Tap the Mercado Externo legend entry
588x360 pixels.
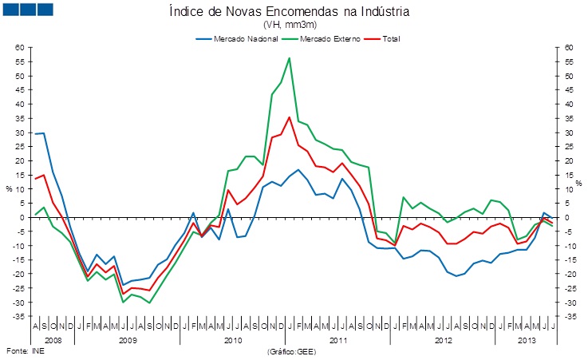tap(328, 38)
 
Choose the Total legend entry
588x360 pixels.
tap(391, 38)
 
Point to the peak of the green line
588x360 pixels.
tap(289, 58)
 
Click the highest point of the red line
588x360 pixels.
tap(289, 117)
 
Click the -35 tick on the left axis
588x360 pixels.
tap(21, 317)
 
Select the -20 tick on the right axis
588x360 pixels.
tap(569, 274)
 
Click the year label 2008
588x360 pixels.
tap(53, 340)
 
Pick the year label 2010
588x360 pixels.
tap(233, 340)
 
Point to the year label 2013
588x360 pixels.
tap(526, 340)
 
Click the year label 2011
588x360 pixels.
tap(338, 340)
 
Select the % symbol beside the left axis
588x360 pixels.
tap(9, 189)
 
